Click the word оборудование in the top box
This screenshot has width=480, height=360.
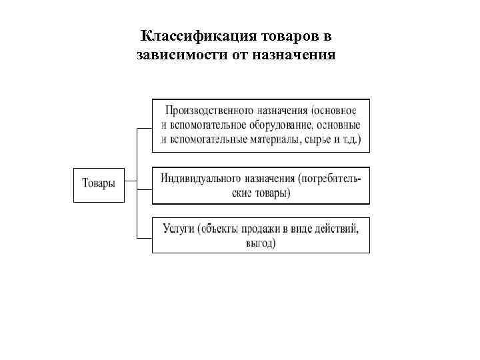pyautogui.click(x=279, y=125)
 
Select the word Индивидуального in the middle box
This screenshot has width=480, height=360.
pyautogui.click(x=204, y=179)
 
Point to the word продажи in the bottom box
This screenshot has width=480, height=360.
pyautogui.click(x=261, y=229)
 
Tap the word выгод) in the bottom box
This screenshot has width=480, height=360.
pyautogui.click(x=261, y=243)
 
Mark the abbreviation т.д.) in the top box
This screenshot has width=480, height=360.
pyautogui.click(x=350, y=140)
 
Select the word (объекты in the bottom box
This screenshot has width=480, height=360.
pyautogui.click(x=217, y=229)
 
